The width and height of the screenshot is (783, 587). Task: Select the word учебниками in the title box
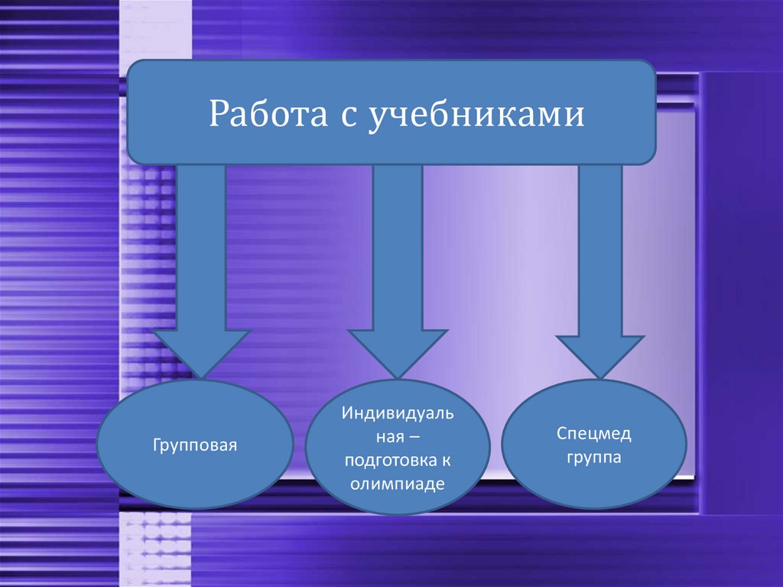[477, 115]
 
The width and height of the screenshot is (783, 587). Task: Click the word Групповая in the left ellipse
[194, 445]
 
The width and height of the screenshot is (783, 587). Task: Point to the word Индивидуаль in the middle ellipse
[398, 414]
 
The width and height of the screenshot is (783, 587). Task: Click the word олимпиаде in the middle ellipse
[398, 484]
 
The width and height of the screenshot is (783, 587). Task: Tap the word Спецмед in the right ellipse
[593, 435]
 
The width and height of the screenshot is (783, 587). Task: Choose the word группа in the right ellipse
[593, 458]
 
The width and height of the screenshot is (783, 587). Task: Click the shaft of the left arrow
[202, 245]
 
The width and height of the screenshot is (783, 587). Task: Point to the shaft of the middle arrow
[398, 245]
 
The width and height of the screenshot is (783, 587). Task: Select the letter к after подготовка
[446, 461]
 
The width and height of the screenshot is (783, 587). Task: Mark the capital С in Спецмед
[560, 435]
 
